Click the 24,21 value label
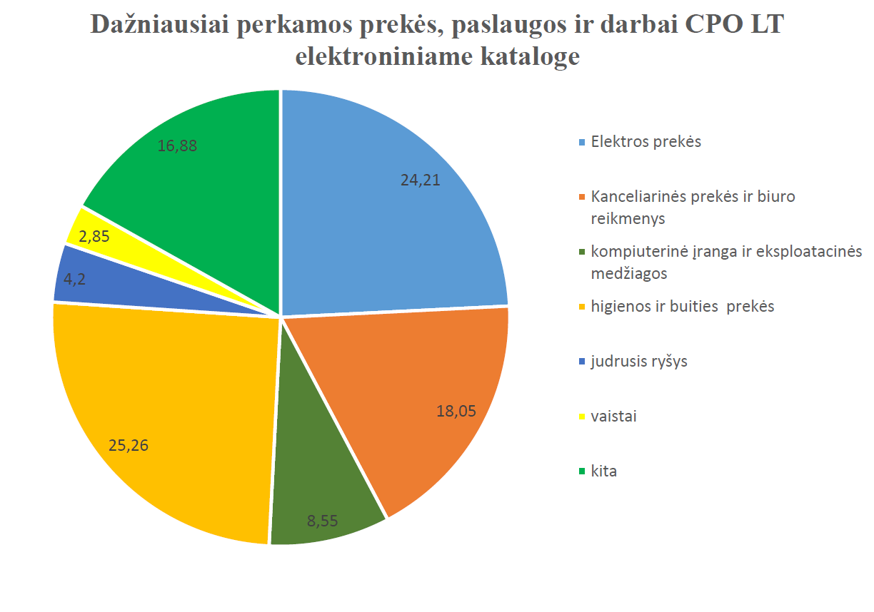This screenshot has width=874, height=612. click(x=420, y=180)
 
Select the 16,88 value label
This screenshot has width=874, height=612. click(x=177, y=146)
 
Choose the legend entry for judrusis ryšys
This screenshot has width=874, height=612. click(x=638, y=361)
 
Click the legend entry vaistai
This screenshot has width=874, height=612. click(x=613, y=416)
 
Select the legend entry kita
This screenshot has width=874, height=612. click(x=603, y=471)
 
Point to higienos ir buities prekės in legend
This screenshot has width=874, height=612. click(x=682, y=306)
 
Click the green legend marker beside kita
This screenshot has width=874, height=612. click(x=583, y=471)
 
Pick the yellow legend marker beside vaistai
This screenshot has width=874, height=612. click(x=583, y=416)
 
